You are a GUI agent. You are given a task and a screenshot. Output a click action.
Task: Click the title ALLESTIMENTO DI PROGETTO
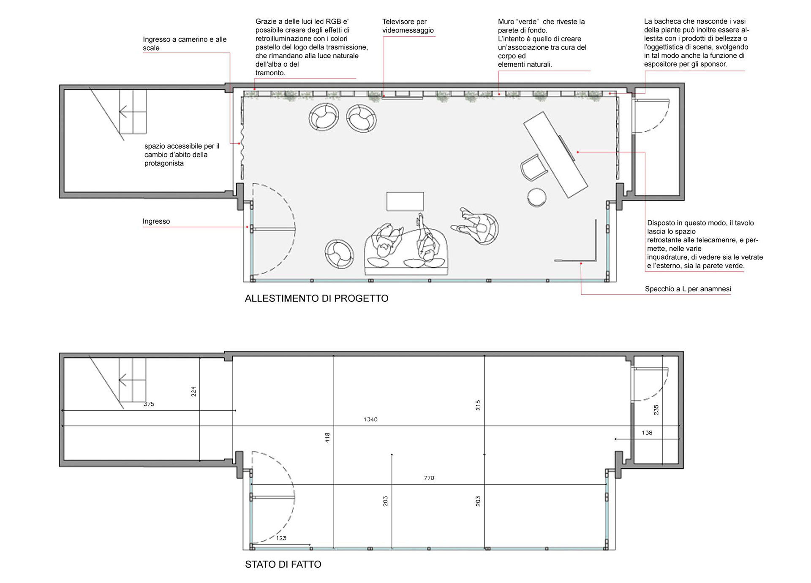click(x=316, y=298)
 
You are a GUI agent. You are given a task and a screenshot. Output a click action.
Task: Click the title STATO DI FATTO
click(x=283, y=564)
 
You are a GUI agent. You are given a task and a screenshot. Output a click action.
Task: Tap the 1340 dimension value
click(x=370, y=419)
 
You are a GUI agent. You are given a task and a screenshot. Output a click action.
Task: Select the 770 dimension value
click(x=429, y=478)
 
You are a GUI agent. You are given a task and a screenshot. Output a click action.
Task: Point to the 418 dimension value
click(x=327, y=438)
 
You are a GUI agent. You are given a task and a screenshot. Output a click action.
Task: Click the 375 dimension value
click(x=149, y=404)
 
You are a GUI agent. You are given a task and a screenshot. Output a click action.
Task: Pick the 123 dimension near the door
click(x=281, y=538)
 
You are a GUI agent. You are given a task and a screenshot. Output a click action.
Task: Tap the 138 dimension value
click(x=647, y=433)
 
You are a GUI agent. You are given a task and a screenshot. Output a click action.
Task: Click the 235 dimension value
click(x=656, y=410)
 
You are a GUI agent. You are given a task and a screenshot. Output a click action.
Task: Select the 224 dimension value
click(x=193, y=392)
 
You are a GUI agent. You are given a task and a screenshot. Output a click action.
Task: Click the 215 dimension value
click(x=478, y=405)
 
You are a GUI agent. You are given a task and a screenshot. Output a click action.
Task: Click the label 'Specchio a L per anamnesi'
click(x=688, y=289)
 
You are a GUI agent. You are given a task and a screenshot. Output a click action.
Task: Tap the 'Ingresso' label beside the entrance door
click(x=156, y=221)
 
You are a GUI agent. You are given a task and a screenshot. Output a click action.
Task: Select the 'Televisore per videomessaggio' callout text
click(x=408, y=26)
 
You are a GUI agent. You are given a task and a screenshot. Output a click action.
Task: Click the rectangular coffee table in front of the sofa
click(x=405, y=201)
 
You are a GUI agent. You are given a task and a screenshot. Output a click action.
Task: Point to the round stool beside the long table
click(x=536, y=197)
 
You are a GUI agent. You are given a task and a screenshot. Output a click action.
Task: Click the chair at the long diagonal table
click(x=533, y=168)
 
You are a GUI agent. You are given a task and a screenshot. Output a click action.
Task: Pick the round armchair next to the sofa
click(x=339, y=254)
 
